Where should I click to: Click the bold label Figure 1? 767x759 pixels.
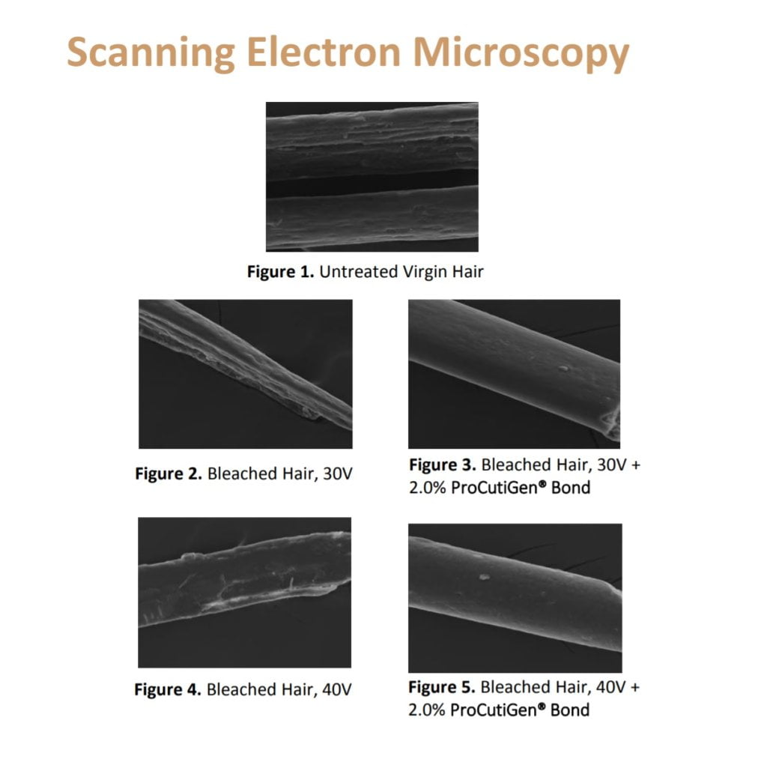280,272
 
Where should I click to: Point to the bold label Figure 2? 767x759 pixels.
168,474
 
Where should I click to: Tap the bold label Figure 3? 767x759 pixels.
442,464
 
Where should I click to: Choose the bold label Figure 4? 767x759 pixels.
168,689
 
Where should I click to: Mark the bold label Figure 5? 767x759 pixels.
441,687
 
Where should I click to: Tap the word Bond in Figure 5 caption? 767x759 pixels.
570,710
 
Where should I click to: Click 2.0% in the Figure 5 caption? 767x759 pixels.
426,710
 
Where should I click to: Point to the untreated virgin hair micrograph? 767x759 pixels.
372,176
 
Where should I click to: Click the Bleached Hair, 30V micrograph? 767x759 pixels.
245,374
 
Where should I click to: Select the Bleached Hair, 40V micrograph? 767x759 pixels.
244,592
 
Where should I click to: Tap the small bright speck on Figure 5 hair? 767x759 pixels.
484,577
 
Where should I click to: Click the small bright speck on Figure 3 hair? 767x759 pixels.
563,368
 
